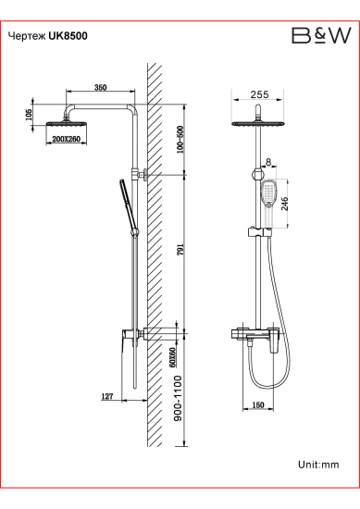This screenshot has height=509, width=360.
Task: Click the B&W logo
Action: (x=321, y=35)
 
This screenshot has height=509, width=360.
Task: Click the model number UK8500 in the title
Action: (x=68, y=36)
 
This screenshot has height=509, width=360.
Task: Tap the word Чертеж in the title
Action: (x=27, y=36)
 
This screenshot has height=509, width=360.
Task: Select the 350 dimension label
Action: (x=100, y=87)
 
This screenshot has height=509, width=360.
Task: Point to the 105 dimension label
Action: (x=29, y=115)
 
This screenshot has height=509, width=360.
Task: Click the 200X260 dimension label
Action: (x=67, y=139)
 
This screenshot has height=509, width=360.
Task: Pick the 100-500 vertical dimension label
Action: (x=180, y=139)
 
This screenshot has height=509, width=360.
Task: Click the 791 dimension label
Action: (x=180, y=250)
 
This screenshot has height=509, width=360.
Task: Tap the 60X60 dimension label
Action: (x=173, y=357)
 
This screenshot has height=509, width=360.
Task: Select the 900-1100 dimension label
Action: (x=178, y=398)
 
